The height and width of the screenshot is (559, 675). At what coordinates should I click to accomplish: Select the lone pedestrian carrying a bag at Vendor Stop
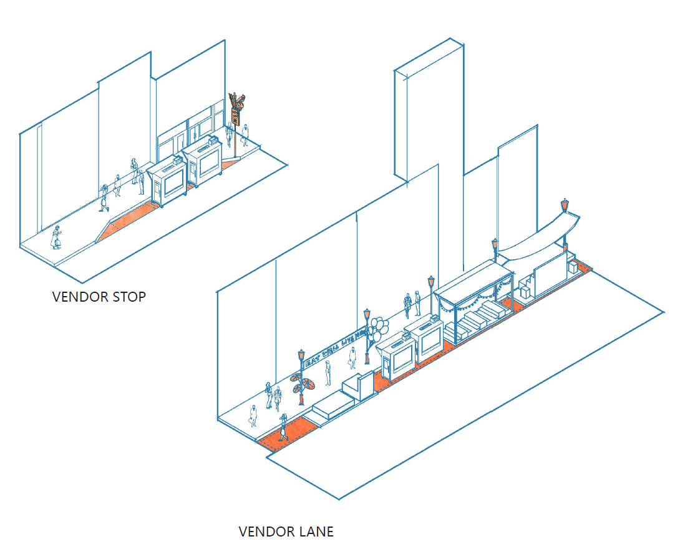pos(57,237)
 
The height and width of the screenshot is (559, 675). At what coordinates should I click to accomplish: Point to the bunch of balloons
pos(377,327)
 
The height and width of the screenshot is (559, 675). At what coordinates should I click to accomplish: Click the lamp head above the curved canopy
pos(565,204)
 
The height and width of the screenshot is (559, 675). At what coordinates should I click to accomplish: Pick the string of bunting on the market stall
pos(475,300)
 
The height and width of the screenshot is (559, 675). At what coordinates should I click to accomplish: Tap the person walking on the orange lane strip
pos(283,427)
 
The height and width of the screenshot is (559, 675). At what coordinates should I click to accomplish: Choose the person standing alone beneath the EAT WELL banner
pos(352,359)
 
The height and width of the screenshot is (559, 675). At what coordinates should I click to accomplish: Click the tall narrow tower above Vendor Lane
pos(429,112)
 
